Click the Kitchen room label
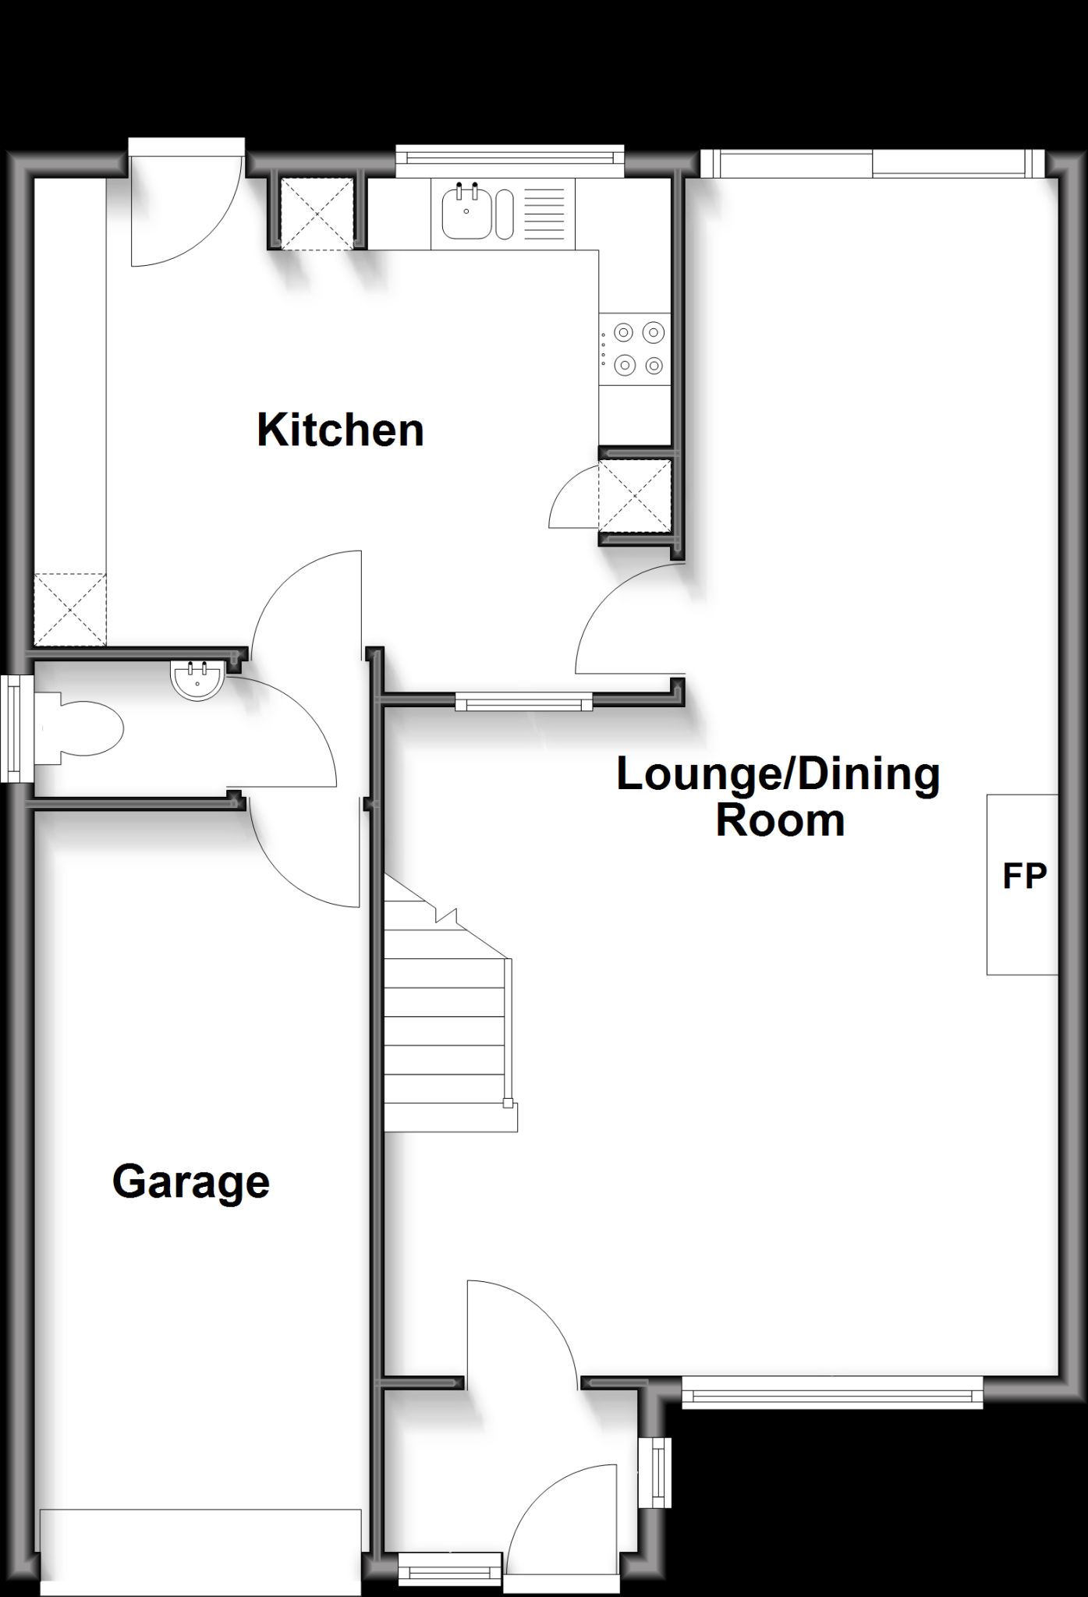coord(341,430)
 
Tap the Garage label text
coord(191,1183)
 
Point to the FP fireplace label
coord(1024,876)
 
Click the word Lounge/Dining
coord(778,774)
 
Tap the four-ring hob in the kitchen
coord(635,349)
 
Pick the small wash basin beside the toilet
coord(198,679)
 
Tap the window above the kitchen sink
coord(510,155)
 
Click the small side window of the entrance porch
coord(655,1472)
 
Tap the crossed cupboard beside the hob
coord(635,496)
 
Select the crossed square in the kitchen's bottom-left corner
coord(70,610)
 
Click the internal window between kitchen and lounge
coord(524,703)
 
